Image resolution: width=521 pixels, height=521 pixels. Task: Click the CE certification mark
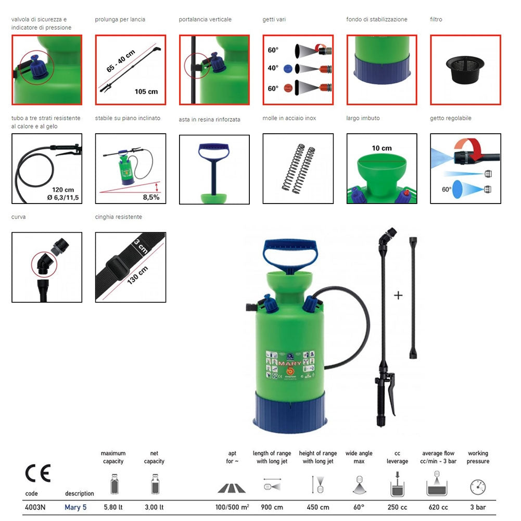tap(38, 473)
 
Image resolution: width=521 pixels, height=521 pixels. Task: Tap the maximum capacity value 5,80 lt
tap(113, 507)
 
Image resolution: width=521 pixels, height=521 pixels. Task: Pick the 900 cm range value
tap(272, 507)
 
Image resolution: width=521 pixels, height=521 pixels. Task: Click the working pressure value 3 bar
tap(477, 507)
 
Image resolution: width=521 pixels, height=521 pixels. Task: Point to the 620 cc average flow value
tap(438, 507)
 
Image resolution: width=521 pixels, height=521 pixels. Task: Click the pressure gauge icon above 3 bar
tap(477, 487)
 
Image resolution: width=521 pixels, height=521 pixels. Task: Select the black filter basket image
tap(465, 70)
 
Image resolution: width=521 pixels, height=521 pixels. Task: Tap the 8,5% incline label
tap(151, 197)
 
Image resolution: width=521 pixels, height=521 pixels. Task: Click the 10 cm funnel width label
tap(382, 148)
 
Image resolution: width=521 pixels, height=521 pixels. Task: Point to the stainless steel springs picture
tap(298, 169)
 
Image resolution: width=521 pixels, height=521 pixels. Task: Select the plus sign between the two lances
tap(398, 296)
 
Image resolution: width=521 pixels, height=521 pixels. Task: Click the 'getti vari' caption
tap(274, 20)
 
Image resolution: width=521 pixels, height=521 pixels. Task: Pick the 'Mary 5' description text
tap(75, 507)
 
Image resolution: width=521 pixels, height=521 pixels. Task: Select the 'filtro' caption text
tap(436, 20)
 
